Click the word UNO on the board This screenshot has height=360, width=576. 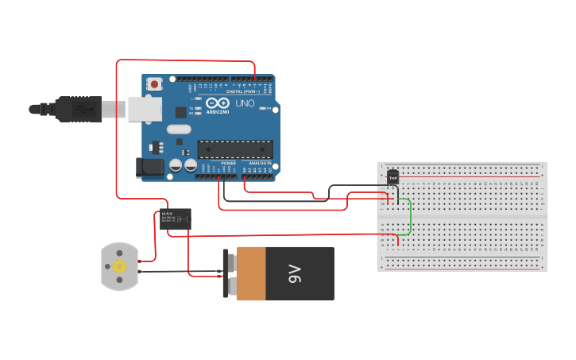coord(245,103)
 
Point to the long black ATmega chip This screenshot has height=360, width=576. coord(235,149)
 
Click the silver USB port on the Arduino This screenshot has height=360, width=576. coord(145,109)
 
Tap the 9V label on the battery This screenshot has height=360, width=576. coord(296,274)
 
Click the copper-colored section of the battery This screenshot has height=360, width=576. coord(251,273)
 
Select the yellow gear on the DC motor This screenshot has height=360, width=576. coord(120,266)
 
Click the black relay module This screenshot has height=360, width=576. coord(176,219)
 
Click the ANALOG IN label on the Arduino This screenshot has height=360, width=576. coord(259,162)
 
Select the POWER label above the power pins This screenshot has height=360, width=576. coord(228,162)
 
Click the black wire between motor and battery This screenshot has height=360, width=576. coord(183,272)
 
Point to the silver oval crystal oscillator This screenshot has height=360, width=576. coord(180,129)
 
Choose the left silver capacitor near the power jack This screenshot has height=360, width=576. coord(176,165)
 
